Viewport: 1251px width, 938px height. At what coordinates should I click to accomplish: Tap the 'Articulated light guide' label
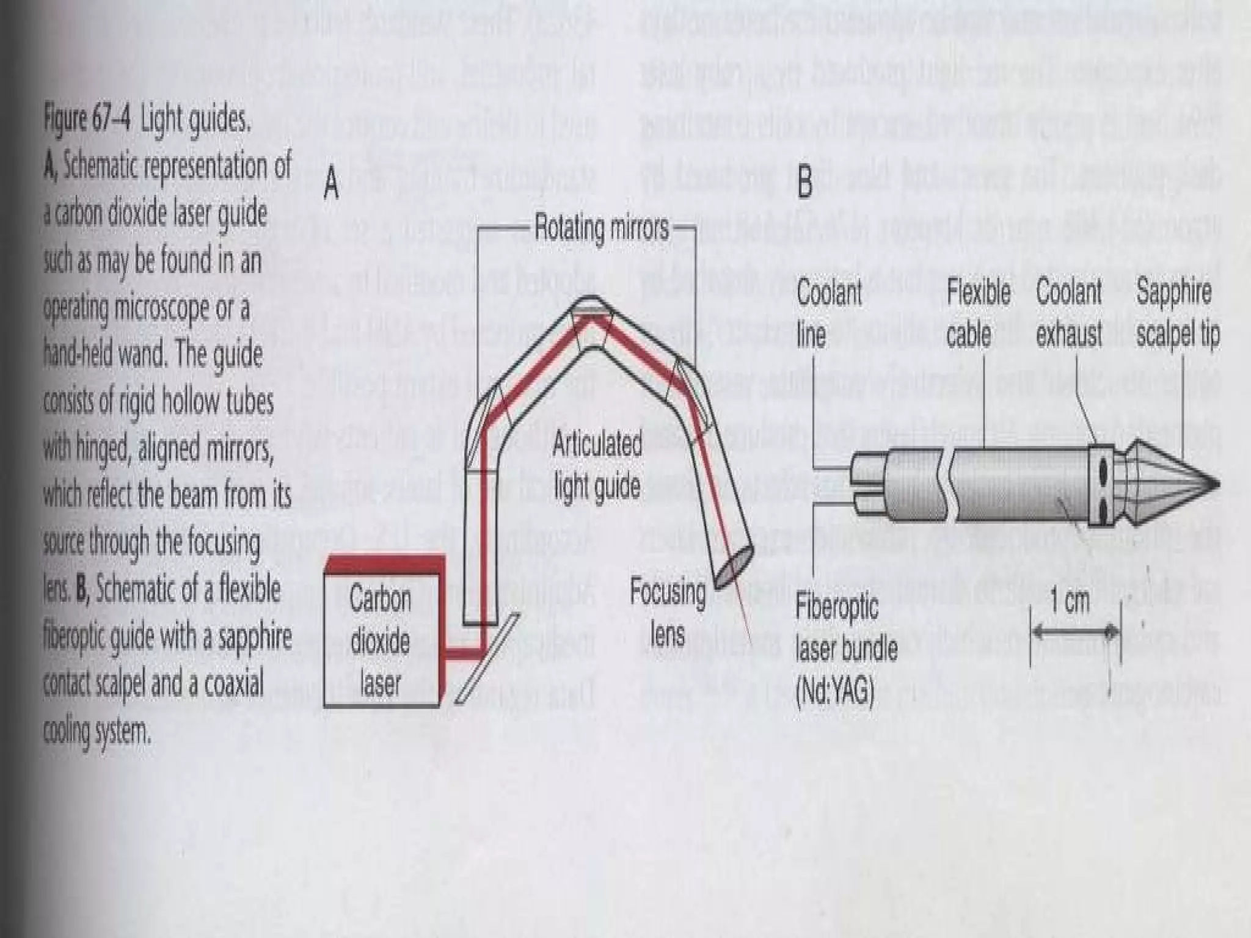pos(597,465)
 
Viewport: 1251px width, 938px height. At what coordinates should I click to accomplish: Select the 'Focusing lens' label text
pos(667,613)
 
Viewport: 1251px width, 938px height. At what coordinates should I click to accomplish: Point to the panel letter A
pos(331,183)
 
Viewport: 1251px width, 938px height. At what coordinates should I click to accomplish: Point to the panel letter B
pos(805,181)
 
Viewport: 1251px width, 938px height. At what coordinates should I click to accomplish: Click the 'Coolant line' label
pos(829,313)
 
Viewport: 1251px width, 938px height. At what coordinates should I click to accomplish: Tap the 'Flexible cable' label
pos(978,313)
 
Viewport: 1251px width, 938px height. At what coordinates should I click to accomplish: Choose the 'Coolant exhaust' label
pos(1069,313)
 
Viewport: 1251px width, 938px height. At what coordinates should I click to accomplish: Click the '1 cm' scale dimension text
pos(1070,602)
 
